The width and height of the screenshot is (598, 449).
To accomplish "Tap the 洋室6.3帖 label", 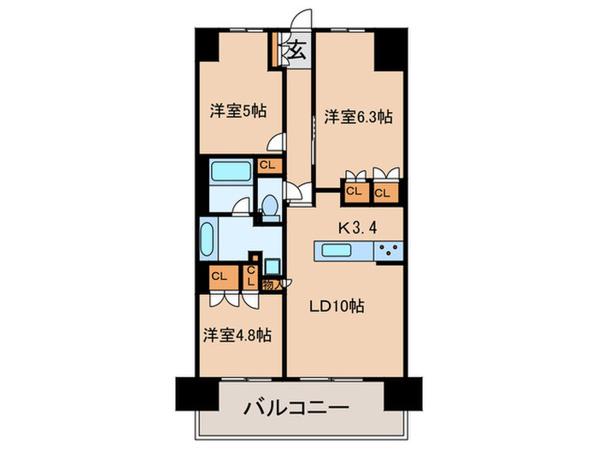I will pos(358,117).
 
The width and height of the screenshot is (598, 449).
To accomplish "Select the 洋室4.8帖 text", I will pos(237,336).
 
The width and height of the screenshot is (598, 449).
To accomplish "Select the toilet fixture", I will pos(269,206).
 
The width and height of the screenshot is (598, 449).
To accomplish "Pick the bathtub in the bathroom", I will pos(229,171).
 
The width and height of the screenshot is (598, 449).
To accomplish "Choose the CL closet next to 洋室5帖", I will pos(267,165).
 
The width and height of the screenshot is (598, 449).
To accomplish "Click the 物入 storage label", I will pos(271,286).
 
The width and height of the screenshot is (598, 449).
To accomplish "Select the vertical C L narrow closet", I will pos(251,276).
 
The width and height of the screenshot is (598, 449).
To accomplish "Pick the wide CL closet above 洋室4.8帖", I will pos(220,276).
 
